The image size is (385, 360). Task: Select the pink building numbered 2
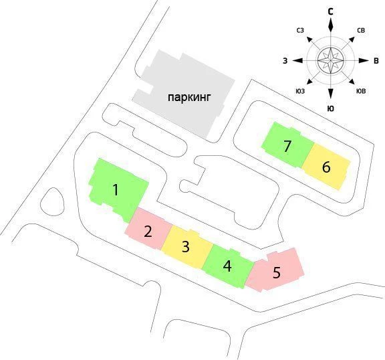click(148, 229)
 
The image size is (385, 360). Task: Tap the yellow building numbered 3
click(186, 246)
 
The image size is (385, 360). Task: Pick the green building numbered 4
click(227, 266)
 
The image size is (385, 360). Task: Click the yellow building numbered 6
click(326, 167)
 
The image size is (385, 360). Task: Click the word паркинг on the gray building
click(189, 98)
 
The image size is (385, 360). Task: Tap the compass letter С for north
click(331, 11)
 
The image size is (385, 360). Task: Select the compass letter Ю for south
click(331, 108)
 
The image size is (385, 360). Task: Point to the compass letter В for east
click(376, 61)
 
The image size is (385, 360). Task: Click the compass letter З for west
click(285, 61)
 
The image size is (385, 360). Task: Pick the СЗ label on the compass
click(300, 31)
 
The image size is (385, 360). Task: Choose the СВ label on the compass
click(361, 31)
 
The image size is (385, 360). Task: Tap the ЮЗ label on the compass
click(300, 91)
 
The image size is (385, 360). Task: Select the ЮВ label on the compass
click(361, 91)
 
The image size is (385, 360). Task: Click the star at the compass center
click(331, 60)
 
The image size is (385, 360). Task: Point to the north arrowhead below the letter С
click(331, 25)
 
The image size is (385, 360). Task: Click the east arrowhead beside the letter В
click(364, 61)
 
